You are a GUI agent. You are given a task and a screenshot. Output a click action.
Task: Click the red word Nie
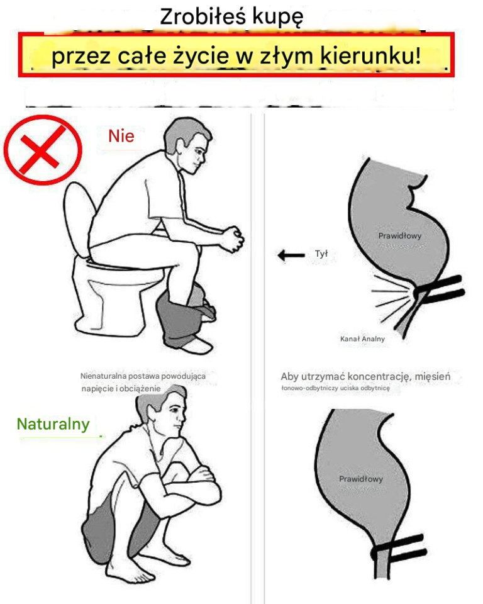(x=121, y=137)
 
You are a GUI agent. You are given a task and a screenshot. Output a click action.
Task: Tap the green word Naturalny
(x=53, y=425)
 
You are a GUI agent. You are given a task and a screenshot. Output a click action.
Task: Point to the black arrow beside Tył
(x=291, y=255)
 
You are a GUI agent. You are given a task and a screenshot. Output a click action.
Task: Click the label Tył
(x=321, y=254)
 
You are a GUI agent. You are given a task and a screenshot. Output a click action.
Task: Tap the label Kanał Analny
(x=362, y=339)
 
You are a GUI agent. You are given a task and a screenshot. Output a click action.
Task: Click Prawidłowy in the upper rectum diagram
(x=400, y=236)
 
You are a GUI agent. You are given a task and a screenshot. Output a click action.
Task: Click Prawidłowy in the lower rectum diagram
(x=361, y=479)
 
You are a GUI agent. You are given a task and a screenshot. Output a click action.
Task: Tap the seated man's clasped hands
(x=233, y=238)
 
